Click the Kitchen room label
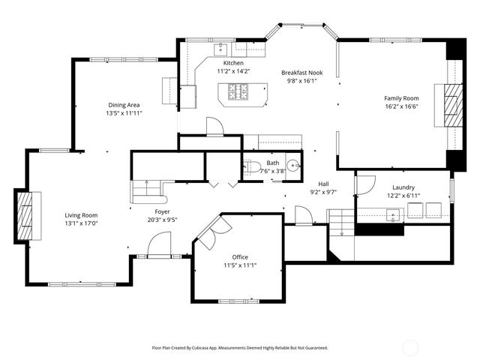[233, 63]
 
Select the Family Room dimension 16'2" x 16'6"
[401, 106]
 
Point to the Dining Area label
[124, 104]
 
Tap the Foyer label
[162, 212]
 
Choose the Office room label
[239, 256]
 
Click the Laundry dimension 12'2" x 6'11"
[403, 196]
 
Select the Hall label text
[323, 184]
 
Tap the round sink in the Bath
[293, 166]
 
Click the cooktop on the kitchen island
[239, 92]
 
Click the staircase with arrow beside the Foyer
[148, 191]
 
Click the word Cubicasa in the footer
[211, 348]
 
